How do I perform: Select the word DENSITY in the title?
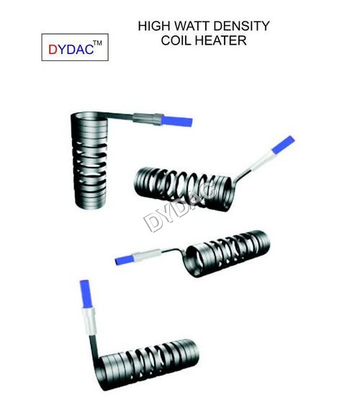click(242, 26)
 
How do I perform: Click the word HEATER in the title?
click(222, 40)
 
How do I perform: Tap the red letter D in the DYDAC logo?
click(53, 49)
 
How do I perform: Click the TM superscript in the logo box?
click(97, 43)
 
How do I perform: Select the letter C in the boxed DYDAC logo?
click(89, 49)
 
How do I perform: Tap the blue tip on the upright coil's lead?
click(176, 122)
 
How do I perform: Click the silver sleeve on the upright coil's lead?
click(147, 119)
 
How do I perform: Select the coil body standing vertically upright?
click(89, 160)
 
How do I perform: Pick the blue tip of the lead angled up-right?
click(283, 145)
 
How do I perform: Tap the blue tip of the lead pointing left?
click(125, 260)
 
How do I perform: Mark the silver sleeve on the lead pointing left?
click(146, 255)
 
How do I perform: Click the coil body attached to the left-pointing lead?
click(228, 253)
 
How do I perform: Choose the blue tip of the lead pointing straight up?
click(86, 294)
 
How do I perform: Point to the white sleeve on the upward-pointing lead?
click(89, 321)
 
